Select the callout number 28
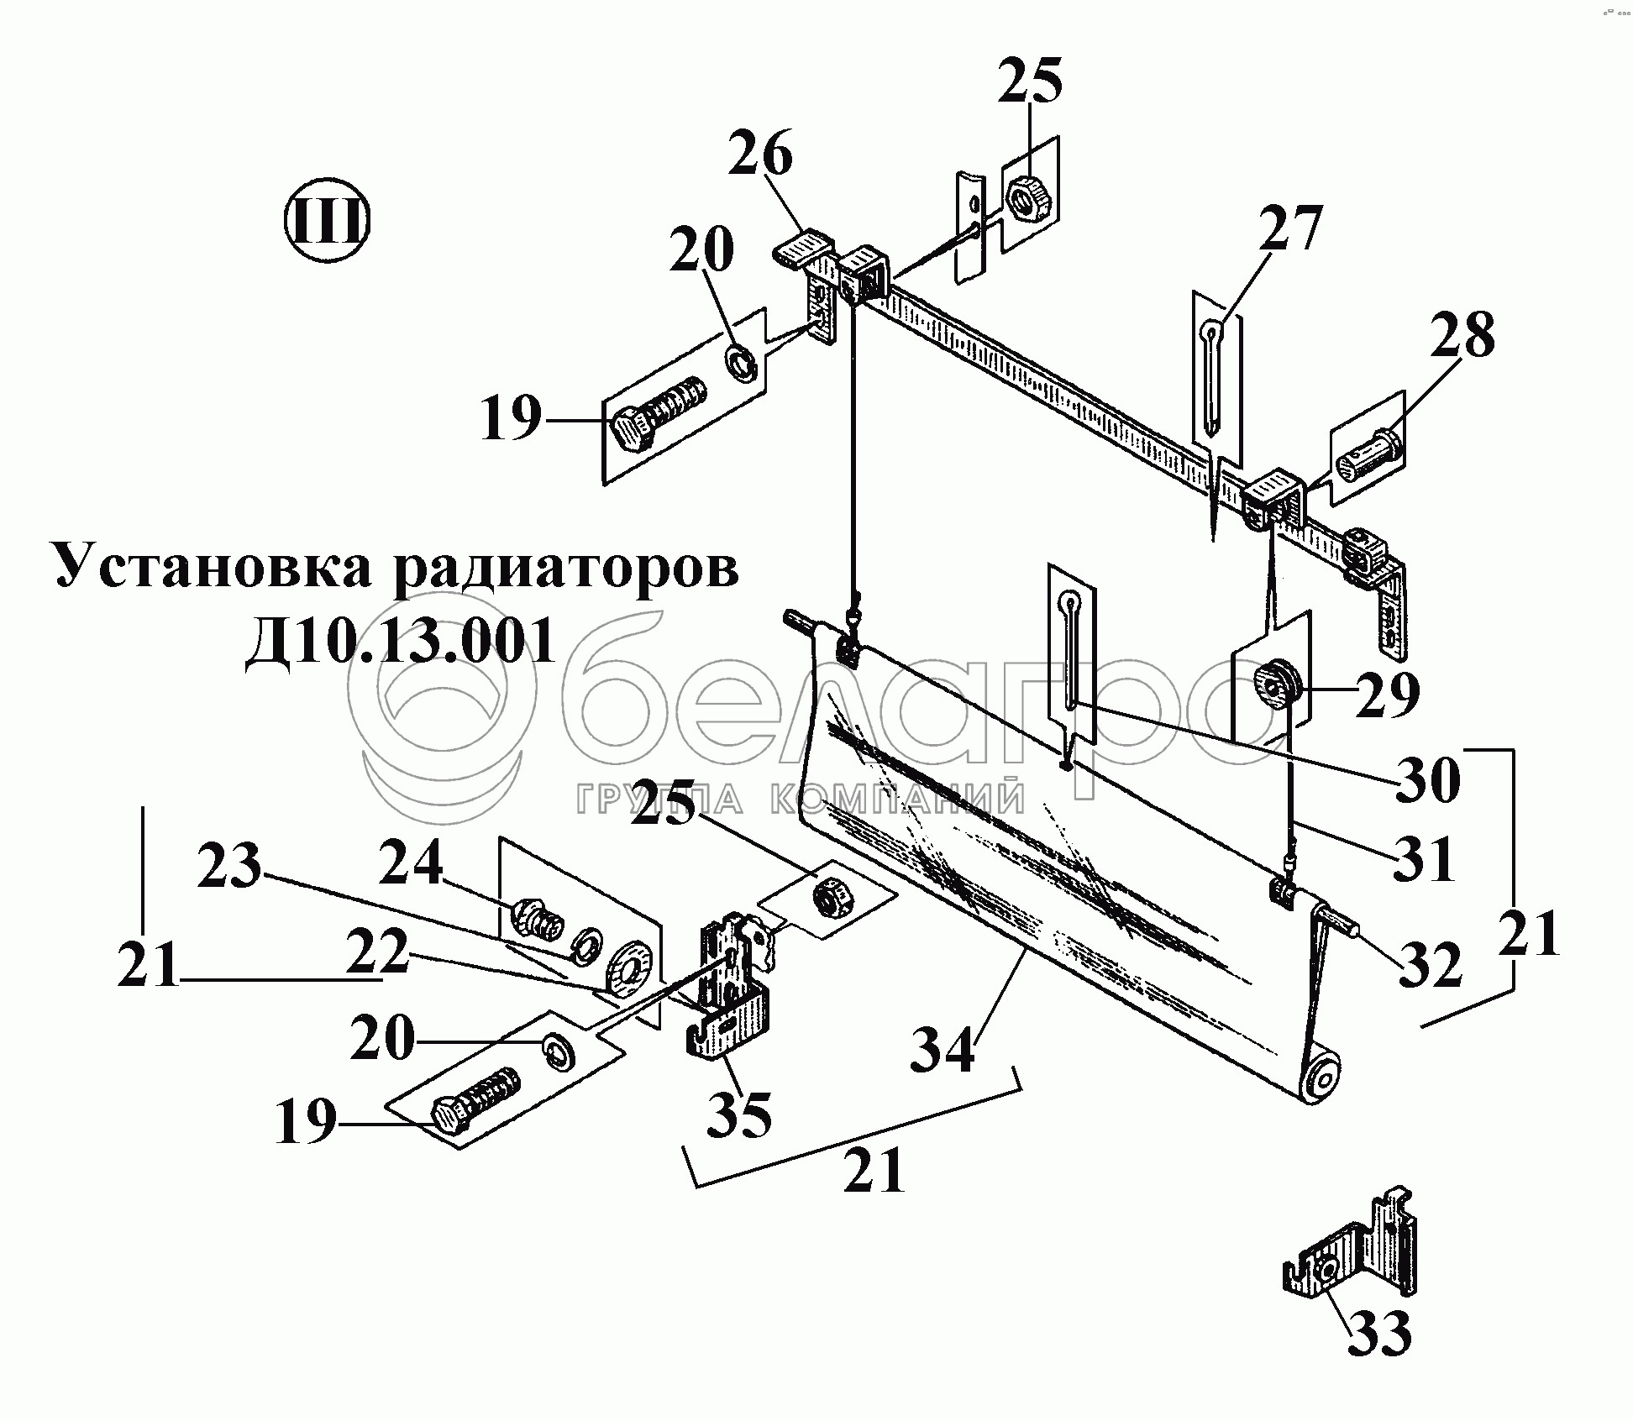click(1463, 336)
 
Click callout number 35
click(739, 1113)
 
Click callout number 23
click(229, 867)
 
